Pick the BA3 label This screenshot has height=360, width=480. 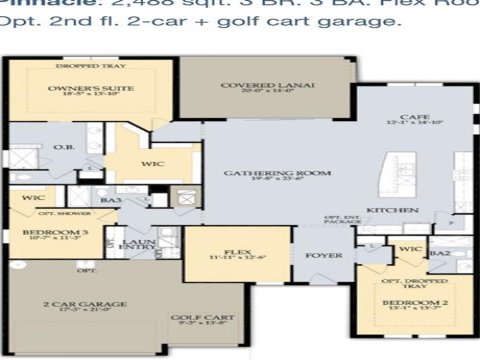tap(110, 201)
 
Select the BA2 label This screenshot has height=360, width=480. tap(437, 254)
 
